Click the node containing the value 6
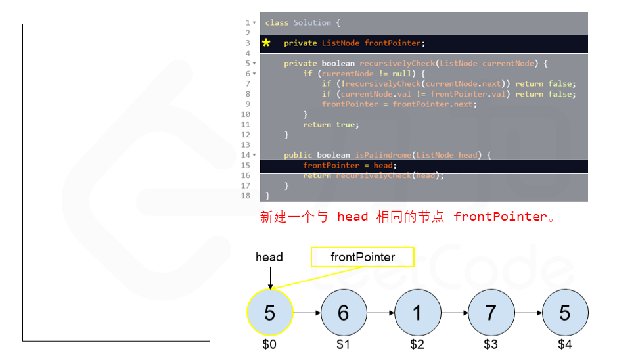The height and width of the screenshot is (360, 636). click(x=343, y=313)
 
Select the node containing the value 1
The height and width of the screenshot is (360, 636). click(x=417, y=313)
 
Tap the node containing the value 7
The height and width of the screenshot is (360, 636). click(x=491, y=313)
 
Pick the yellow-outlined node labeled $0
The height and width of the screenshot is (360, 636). click(x=269, y=313)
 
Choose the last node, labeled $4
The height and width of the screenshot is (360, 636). click(x=565, y=313)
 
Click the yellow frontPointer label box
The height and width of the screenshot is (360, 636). click(x=363, y=258)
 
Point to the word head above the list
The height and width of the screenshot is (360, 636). click(x=269, y=257)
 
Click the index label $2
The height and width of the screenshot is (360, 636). click(x=417, y=344)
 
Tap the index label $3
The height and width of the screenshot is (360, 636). click(x=491, y=344)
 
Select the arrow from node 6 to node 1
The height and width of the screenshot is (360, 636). click(x=380, y=313)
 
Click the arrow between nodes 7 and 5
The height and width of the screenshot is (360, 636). click(x=528, y=313)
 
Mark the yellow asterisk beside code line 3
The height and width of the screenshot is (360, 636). click(x=266, y=43)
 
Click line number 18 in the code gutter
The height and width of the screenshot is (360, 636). click(x=246, y=196)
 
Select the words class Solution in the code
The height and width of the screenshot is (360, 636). click(x=298, y=23)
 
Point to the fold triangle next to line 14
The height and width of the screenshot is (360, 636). click(x=254, y=155)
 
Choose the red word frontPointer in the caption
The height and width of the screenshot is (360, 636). click(x=500, y=217)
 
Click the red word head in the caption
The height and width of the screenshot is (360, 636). click(x=352, y=217)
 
